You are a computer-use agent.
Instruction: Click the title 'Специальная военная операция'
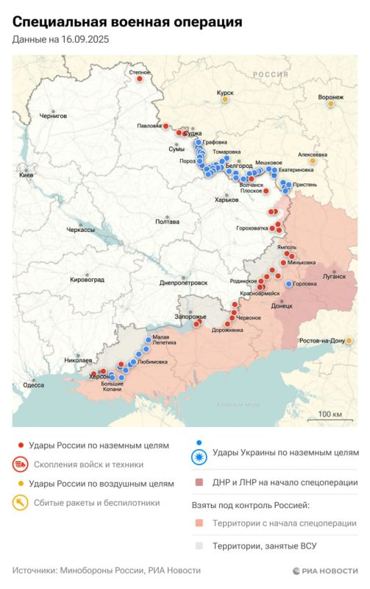tap(127, 22)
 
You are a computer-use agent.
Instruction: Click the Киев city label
tap(26, 175)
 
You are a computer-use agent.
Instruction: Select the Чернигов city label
tap(53, 116)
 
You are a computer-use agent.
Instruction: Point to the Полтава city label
tap(167, 221)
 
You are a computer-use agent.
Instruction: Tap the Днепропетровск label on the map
tap(183, 282)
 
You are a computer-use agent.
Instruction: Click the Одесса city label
tap(33, 384)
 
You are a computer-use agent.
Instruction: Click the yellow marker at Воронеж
tap(330, 104)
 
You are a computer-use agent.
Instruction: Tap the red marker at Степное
tap(139, 79)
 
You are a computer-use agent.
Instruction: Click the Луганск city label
tap(333, 276)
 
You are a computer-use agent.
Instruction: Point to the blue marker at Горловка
tap(288, 283)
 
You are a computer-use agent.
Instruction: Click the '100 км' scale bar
tap(330, 415)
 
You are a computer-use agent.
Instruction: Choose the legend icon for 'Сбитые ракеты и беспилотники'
tap(20, 503)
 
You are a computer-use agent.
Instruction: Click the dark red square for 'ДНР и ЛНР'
tap(199, 483)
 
